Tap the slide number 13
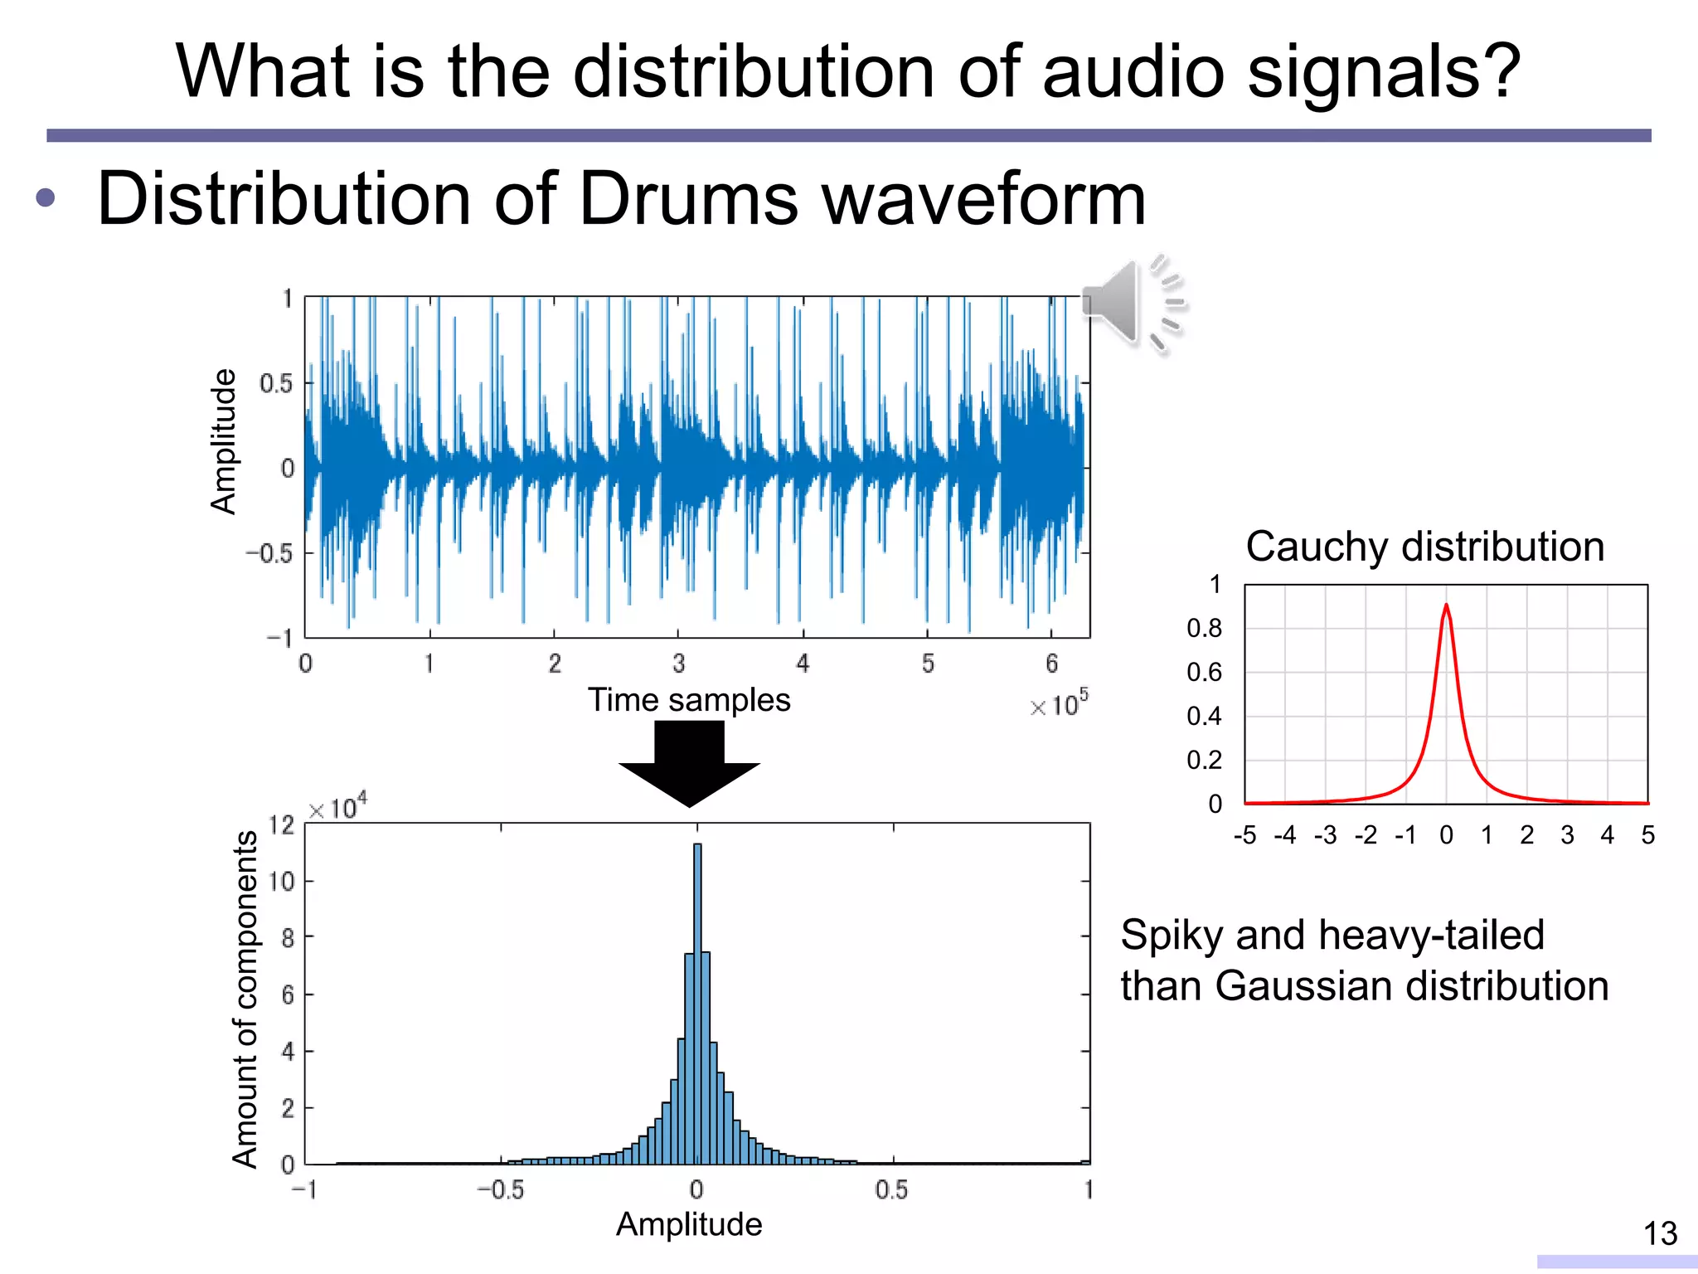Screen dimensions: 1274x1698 [x=1660, y=1233]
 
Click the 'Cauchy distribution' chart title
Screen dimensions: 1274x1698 [x=1424, y=547]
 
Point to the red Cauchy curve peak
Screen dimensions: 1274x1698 [x=1446, y=606]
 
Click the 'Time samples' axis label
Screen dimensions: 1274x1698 [x=689, y=700]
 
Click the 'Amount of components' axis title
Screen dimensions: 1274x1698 [x=245, y=999]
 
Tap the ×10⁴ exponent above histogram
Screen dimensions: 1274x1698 [x=337, y=806]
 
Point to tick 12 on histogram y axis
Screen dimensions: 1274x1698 [x=282, y=824]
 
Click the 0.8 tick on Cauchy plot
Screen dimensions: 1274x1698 [x=1203, y=629]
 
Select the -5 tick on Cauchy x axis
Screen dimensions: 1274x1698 [x=1244, y=835]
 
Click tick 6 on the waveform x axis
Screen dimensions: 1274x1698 [x=1051, y=664]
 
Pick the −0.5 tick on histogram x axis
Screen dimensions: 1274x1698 [x=501, y=1190]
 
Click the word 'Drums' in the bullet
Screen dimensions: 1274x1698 [x=687, y=199]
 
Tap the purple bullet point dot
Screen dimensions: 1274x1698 [x=46, y=198]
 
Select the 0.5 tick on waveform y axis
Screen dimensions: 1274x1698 [x=276, y=383]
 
